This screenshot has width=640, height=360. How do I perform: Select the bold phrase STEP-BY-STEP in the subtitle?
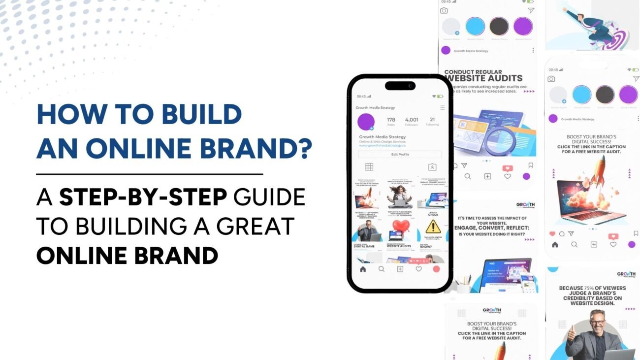(x=143, y=197)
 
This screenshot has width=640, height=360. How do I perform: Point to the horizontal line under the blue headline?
(x=150, y=174)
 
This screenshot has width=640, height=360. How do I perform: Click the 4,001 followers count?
(x=411, y=120)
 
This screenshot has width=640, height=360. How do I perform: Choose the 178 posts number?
(x=391, y=120)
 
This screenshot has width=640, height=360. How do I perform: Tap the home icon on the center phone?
(x=363, y=269)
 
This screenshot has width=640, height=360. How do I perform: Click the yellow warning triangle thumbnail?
(x=433, y=227)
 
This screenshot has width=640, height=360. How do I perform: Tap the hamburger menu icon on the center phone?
(x=442, y=107)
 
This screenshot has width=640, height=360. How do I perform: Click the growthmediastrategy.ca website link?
(x=382, y=145)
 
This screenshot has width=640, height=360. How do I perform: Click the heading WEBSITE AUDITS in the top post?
(x=483, y=78)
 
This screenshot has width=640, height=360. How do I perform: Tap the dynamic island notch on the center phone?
(x=400, y=86)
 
